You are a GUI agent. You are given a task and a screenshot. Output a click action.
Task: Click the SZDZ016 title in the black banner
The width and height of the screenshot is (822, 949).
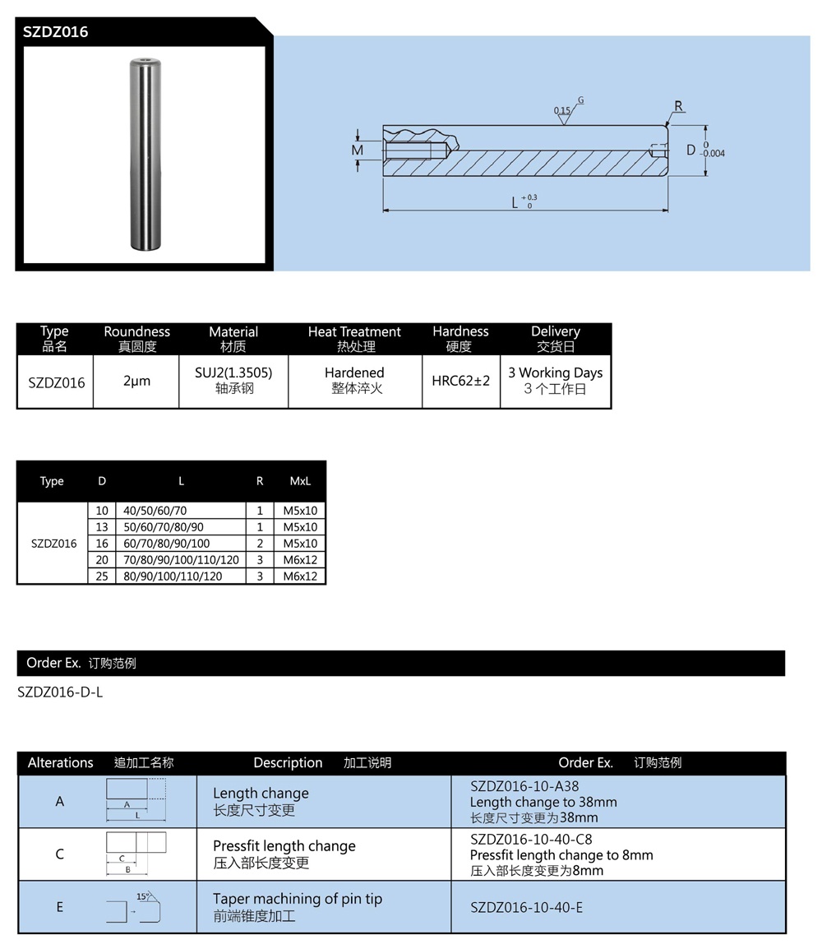[56, 32]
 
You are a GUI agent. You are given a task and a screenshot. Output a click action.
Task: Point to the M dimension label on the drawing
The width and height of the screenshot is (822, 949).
[357, 150]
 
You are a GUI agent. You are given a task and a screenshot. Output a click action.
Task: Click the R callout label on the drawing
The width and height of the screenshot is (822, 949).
[678, 106]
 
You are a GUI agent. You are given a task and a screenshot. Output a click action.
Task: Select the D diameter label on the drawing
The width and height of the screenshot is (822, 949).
[690, 150]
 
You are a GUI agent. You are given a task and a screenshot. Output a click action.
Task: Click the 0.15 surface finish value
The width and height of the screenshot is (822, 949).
[561, 110]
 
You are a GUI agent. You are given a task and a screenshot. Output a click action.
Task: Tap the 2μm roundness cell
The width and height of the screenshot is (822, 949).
[136, 382]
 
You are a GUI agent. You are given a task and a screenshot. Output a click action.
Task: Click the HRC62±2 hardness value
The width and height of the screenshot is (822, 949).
[460, 381]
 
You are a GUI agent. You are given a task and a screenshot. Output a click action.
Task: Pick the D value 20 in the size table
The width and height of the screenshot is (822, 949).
[102, 560]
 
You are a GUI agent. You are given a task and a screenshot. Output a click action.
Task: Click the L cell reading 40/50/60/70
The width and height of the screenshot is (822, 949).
[155, 511]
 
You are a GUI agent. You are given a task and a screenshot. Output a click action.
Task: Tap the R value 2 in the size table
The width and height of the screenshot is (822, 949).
[260, 544]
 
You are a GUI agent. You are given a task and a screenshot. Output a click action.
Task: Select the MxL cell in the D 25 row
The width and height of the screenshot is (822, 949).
[300, 576]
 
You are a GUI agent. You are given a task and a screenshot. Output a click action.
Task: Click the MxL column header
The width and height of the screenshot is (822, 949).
[300, 481]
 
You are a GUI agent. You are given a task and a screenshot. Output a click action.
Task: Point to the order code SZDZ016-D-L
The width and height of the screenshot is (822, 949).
[60, 692]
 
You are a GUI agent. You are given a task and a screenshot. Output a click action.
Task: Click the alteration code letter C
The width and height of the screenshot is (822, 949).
[60, 854]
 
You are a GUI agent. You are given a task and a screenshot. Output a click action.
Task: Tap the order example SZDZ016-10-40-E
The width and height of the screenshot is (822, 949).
[526, 907]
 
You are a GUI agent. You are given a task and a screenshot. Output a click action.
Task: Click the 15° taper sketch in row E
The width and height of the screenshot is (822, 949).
[136, 906]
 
